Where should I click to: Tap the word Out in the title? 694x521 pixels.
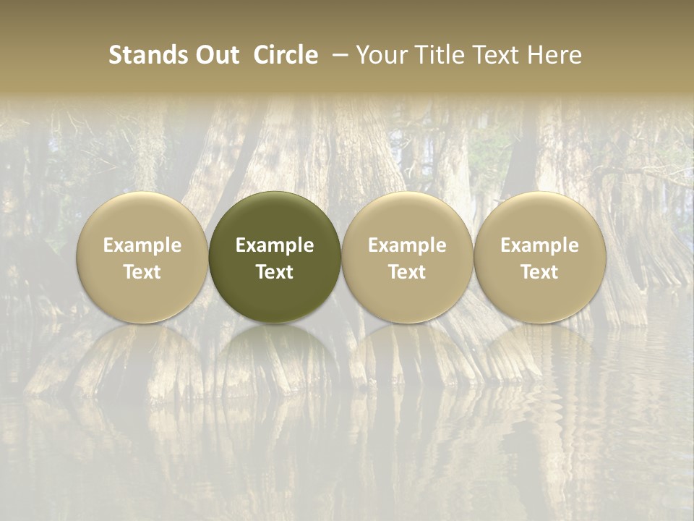216,55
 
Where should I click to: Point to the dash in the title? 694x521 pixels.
338,55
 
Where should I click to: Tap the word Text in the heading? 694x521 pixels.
492,55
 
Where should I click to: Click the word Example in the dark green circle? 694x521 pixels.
275,245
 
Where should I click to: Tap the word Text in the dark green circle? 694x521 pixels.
275,272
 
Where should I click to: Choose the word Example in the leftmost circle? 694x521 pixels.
142,245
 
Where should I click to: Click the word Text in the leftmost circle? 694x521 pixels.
142,272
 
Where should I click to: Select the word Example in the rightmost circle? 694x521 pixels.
540,245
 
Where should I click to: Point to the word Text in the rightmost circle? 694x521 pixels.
540,272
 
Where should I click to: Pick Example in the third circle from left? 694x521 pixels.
407,245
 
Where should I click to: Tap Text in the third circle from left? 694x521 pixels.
407,272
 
